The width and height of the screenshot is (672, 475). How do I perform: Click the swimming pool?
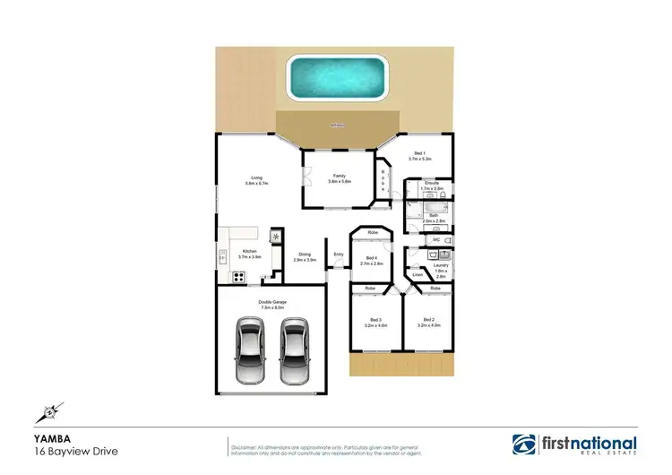(334, 76)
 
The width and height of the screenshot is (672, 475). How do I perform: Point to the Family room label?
(340, 176)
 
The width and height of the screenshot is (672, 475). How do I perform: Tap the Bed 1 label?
(419, 153)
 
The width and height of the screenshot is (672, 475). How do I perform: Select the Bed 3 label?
(371, 320)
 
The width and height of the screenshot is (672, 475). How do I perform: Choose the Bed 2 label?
(426, 320)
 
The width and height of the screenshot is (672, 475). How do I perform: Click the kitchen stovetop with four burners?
(239, 277)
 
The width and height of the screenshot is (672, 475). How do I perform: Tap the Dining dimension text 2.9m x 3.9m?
(306, 260)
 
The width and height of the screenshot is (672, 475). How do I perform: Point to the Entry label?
(338, 255)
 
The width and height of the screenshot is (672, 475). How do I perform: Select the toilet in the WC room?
(448, 240)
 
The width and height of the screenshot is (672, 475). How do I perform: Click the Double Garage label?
(271, 301)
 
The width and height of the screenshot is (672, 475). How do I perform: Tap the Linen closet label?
(417, 274)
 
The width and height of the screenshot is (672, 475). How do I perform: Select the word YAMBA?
(47, 438)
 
